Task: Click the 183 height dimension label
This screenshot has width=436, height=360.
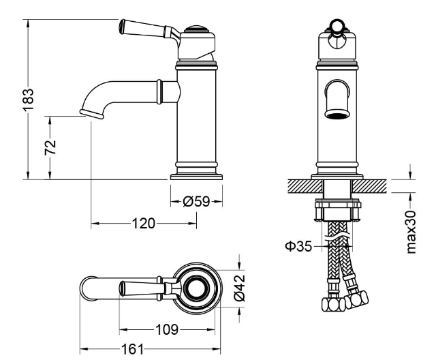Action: click(28, 100)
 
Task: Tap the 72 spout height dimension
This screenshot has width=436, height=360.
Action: click(50, 147)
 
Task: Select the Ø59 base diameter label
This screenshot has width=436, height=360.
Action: click(196, 201)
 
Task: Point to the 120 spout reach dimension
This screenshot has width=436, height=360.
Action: click(143, 224)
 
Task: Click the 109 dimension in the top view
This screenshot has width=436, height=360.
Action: click(167, 330)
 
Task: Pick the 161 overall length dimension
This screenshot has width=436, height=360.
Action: click(133, 349)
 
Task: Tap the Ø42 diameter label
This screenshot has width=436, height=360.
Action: click(239, 288)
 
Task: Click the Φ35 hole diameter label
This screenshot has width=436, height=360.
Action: click(299, 246)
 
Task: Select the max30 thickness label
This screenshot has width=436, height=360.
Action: click(411, 232)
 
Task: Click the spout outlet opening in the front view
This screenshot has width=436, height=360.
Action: click(337, 115)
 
